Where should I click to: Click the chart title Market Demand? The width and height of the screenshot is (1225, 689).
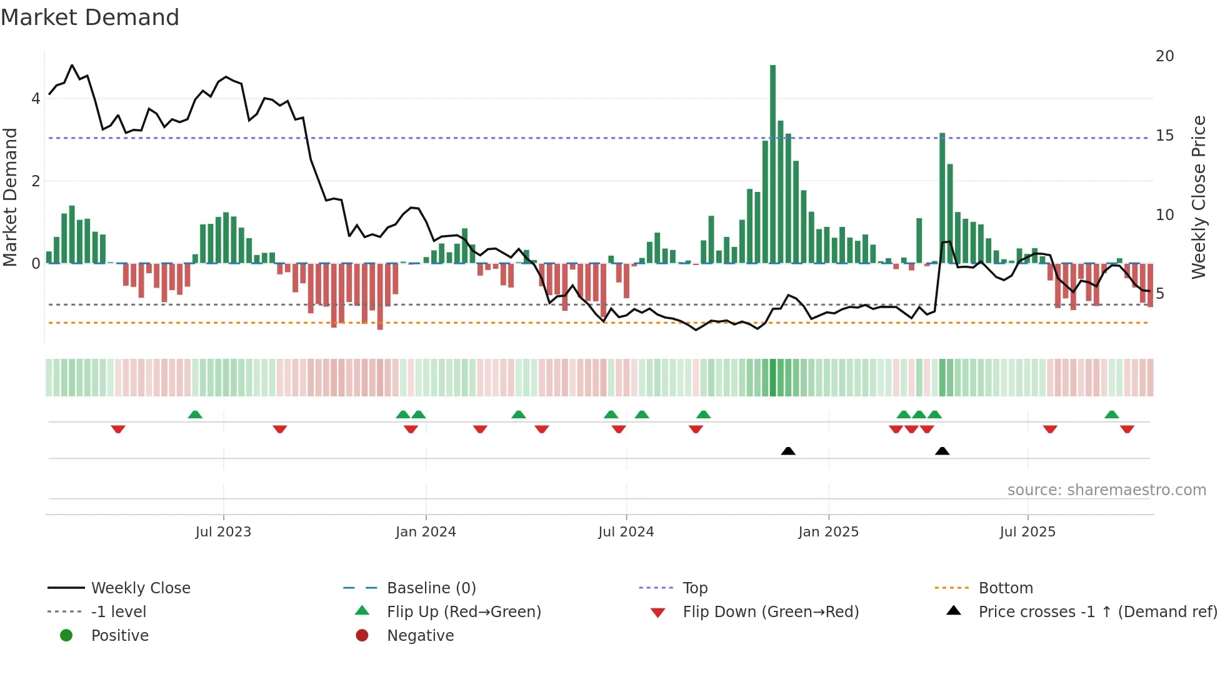point(90,18)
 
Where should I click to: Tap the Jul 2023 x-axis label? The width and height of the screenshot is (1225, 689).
point(223,532)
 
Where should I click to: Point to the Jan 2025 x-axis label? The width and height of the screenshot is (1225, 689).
point(828,532)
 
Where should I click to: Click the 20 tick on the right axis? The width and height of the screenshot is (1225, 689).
point(1164,56)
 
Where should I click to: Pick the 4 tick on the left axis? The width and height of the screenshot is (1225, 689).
point(36,99)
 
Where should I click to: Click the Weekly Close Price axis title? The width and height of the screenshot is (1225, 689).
point(1198,197)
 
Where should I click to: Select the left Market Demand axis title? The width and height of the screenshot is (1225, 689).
point(11,197)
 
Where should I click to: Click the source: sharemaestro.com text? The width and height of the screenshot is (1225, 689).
point(1106,490)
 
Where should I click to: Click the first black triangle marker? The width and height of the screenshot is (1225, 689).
point(788,451)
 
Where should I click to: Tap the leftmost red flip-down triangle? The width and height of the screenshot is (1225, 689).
point(118,429)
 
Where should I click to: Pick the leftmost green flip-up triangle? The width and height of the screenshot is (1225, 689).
point(195,415)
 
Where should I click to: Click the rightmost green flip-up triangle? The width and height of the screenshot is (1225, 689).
point(1111,415)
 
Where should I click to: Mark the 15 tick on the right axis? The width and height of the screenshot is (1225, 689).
point(1164,136)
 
